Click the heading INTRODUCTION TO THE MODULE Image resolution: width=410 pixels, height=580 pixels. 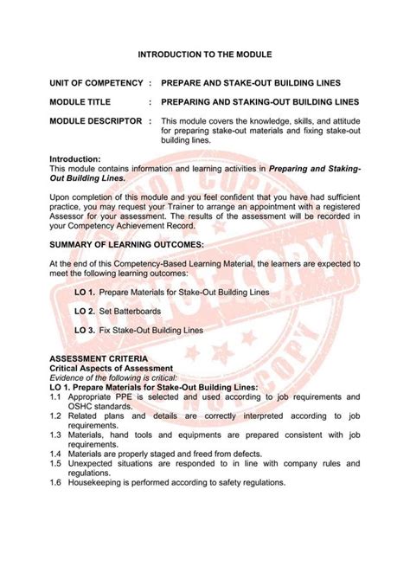point(205,54)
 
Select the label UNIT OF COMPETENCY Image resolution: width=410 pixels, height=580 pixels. point(95,84)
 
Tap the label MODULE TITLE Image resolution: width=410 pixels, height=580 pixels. point(80,102)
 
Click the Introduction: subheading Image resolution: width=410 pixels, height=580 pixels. point(75,159)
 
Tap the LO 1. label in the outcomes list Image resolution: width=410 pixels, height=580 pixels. point(85,293)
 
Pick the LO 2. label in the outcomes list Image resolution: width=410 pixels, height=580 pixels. point(85,311)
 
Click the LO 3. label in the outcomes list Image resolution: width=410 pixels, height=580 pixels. point(85,330)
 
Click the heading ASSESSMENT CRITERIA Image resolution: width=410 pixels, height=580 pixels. point(98,358)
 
